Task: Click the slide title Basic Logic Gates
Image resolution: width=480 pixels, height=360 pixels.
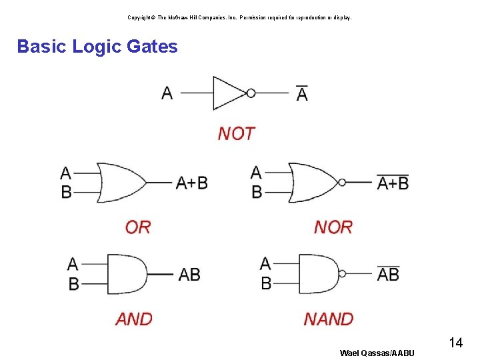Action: click(x=97, y=47)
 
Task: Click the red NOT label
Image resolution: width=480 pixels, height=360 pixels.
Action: click(x=236, y=134)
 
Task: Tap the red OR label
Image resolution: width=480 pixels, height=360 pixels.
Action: click(x=138, y=227)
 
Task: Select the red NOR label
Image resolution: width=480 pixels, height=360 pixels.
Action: click(x=333, y=227)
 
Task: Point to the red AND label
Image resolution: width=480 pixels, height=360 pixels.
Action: click(x=134, y=319)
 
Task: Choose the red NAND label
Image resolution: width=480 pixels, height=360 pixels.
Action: click(x=329, y=319)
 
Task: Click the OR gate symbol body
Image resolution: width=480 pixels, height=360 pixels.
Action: click(x=120, y=182)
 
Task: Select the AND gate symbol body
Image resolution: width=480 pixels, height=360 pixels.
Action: click(x=126, y=274)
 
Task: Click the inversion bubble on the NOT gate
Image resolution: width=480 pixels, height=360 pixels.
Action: click(x=251, y=93)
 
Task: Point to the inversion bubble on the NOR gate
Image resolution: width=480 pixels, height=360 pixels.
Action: click(x=342, y=182)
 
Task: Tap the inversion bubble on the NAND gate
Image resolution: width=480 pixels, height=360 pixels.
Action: click(x=343, y=274)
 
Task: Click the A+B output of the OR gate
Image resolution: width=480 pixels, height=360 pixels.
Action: click(x=192, y=183)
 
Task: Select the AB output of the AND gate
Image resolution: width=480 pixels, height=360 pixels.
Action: click(x=189, y=275)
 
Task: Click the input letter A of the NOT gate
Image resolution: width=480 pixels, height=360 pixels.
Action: click(x=167, y=93)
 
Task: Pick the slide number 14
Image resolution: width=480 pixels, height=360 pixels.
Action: click(x=456, y=343)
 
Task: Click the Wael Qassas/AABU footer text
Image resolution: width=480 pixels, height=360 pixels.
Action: click(x=377, y=353)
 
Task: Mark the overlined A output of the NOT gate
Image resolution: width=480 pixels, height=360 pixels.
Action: click(x=302, y=94)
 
